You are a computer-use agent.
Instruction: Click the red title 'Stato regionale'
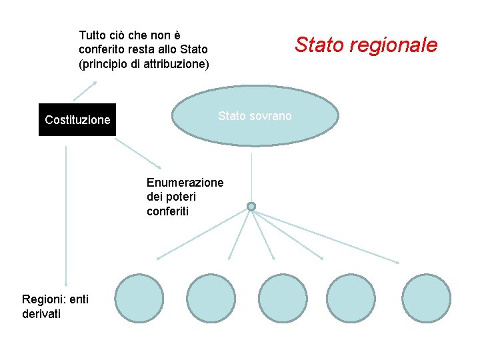point(366,45)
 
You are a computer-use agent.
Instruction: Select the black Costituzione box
point(77,120)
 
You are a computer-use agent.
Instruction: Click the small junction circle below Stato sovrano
point(251,207)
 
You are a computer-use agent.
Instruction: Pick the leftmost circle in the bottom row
point(139,298)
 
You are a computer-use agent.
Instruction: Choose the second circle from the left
point(211,298)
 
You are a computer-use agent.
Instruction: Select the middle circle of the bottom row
point(283,298)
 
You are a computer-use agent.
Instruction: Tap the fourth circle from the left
point(355,298)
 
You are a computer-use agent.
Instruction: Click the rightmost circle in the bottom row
point(427,298)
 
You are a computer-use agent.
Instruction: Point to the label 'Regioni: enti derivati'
point(55,307)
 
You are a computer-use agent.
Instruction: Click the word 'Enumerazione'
point(185,183)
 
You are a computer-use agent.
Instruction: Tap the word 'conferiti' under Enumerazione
point(167,211)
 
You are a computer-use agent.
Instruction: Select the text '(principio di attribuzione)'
point(144,65)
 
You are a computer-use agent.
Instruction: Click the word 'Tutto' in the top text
point(93,35)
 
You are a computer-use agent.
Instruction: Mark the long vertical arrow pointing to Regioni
point(66,213)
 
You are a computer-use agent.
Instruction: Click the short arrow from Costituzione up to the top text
point(85,91)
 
